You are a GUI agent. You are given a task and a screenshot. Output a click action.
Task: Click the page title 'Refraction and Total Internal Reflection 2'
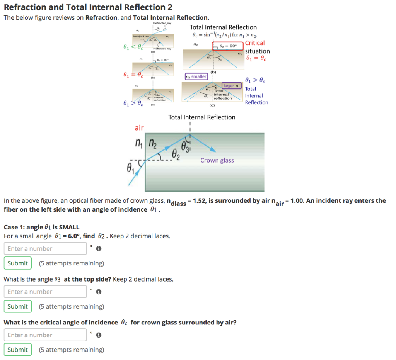pos(88,7)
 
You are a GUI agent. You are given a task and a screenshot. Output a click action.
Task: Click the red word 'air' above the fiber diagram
pos(139,127)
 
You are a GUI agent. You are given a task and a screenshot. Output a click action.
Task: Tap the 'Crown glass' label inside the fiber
pos(217,160)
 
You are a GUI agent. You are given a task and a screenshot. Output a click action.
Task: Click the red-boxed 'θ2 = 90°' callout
pos(228,46)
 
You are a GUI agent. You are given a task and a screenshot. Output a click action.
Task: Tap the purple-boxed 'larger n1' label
pos(232,85)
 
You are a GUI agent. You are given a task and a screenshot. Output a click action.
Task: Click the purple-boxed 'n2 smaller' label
pos(196,76)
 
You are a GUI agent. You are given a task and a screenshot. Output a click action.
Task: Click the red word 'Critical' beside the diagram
pos(255,43)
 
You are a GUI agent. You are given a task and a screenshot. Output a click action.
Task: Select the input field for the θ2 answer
pos(45,248)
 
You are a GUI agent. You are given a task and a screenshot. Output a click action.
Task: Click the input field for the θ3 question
pos(45,292)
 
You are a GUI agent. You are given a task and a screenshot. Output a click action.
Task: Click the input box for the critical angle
pos(45,335)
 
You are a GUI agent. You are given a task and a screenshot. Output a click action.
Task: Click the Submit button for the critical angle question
pos(18,350)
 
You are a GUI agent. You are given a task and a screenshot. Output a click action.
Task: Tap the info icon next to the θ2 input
pos(99,249)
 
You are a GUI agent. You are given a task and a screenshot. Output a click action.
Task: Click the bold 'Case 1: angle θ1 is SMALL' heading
pos(41,227)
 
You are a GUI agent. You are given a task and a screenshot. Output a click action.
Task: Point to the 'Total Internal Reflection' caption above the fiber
pos(201,117)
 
